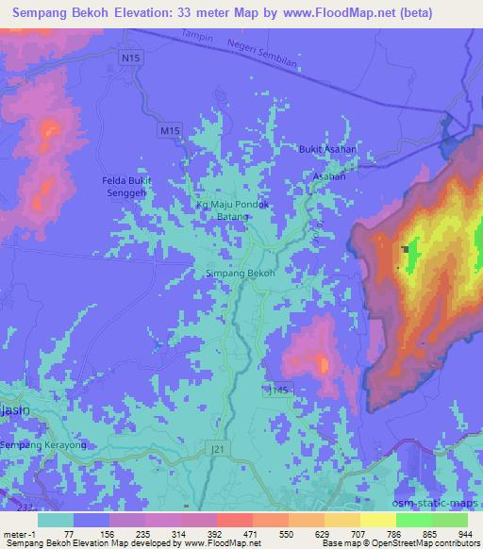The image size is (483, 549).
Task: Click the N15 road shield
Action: tap(130, 59)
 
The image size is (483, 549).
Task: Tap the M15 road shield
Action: tap(169, 131)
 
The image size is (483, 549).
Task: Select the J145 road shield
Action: tap(278, 389)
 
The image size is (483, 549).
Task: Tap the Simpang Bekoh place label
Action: tap(241, 274)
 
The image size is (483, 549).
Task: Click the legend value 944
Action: tap(465, 533)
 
